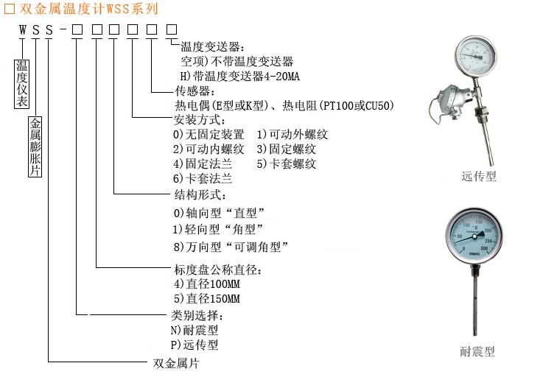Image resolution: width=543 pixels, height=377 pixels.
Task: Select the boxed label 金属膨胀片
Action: [x=35, y=147]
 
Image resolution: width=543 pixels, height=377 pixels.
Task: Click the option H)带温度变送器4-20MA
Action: [x=240, y=76]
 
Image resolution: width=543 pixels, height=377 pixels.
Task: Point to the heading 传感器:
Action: [x=194, y=91]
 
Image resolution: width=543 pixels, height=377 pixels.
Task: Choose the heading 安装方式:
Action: [x=200, y=120]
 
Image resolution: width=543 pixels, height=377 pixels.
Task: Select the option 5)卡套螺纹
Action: [x=287, y=163]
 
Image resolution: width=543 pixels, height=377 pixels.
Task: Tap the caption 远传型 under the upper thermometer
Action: [x=479, y=177]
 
